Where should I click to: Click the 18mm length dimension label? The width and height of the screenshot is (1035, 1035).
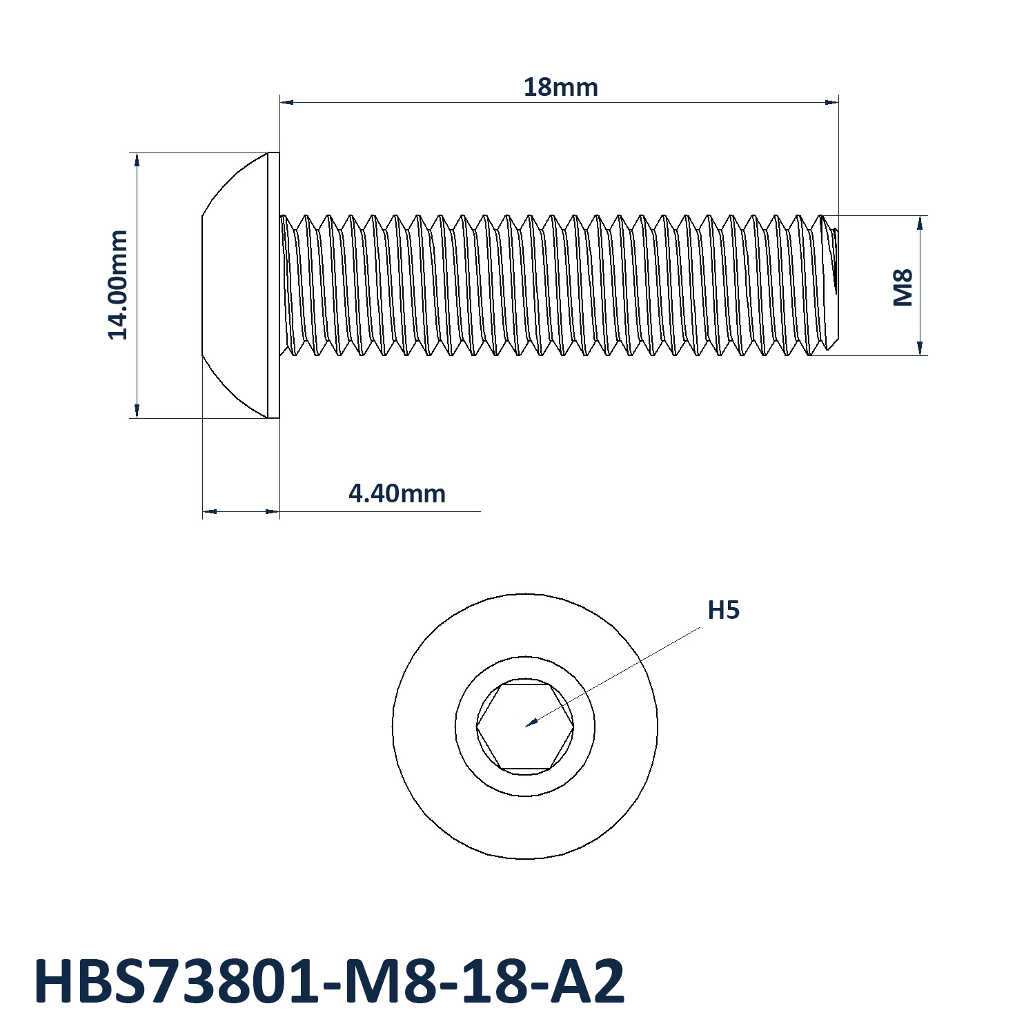pos(560,88)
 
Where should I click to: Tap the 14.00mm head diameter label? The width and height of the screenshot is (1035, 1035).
pos(118,285)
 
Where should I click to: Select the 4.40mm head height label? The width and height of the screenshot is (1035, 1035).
pos(397,494)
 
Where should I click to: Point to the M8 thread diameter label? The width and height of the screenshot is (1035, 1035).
pos(903,287)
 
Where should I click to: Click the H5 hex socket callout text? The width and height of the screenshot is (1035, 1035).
pos(724,610)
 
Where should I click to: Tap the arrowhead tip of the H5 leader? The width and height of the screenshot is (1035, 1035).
pos(526,727)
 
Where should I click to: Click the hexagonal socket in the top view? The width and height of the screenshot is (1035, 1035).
pos(525,727)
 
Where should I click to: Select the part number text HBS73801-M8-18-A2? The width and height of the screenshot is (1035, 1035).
pos(329,981)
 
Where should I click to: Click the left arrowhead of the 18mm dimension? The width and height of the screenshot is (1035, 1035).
pos(286,102)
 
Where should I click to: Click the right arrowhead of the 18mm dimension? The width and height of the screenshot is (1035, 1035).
pos(832,102)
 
